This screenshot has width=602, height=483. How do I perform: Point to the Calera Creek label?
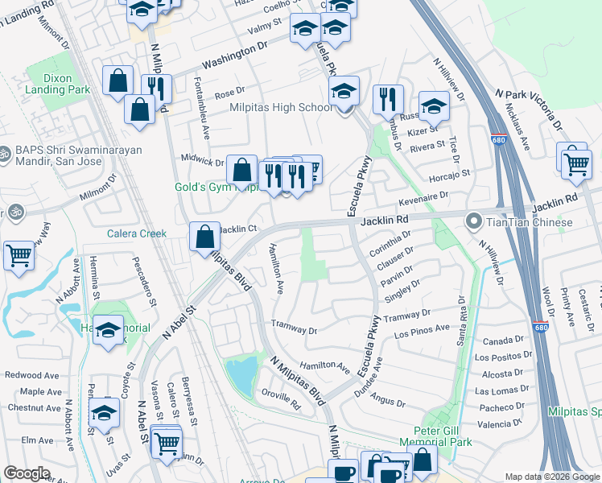136,234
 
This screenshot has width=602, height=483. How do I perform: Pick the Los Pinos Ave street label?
422,329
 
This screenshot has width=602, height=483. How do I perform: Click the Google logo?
27,473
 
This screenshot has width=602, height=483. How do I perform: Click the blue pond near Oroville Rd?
241,373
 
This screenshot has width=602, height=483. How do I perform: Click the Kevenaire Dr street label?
444,195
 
